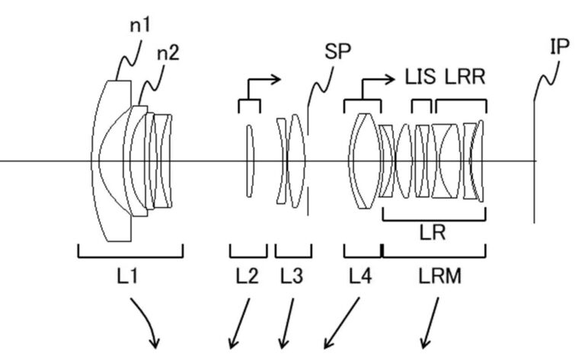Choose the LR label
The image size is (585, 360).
pos(433,233)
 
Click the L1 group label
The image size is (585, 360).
pos(129,278)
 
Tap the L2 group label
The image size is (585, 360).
pos(248,278)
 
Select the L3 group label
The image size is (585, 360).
pos(292,278)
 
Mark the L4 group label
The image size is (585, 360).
pos(361,278)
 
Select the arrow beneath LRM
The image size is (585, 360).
pos(431,323)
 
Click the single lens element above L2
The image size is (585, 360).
pos(248,161)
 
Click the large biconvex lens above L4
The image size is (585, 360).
pos(363,161)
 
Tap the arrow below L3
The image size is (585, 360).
pos(288,323)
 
